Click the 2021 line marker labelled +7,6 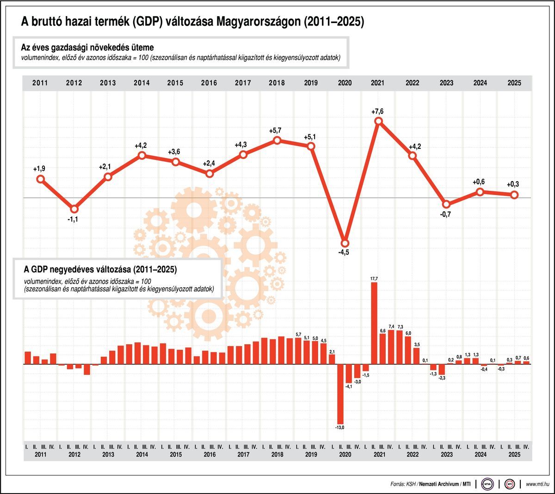(379, 121)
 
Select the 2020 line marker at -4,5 (345, 243)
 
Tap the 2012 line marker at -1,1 (74, 209)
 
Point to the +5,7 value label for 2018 (275, 131)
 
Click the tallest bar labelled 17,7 (374, 323)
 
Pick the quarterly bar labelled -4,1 (349, 373)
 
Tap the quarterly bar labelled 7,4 (391, 347)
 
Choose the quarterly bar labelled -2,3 (442, 369)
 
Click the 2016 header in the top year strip (209, 83)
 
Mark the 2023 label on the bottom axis (446, 454)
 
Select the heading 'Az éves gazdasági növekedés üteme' (87, 48)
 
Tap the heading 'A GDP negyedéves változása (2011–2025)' (100, 269)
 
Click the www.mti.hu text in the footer (538, 484)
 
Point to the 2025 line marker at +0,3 (514, 195)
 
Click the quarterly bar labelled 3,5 (417, 356)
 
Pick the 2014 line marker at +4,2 (142, 156)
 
